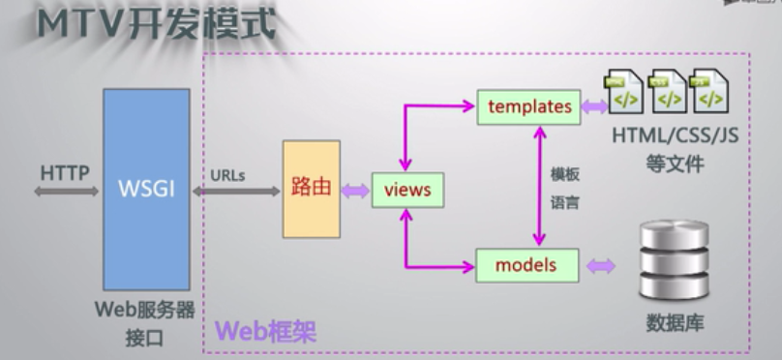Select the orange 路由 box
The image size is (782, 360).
click(311, 189)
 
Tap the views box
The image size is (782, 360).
click(407, 190)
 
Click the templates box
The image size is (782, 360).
click(529, 106)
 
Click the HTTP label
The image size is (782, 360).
click(65, 173)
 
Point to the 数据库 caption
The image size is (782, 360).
click(674, 321)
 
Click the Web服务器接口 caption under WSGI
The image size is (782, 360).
click(145, 323)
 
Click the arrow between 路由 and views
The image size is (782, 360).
click(355, 191)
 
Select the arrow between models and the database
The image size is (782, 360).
click(602, 264)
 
